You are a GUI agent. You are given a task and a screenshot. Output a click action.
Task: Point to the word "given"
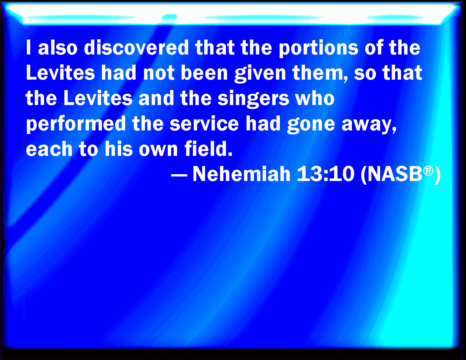pos(260,74)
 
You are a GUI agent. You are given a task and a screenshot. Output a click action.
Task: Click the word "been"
pos(204,73)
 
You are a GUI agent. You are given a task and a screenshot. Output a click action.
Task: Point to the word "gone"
pos(311,125)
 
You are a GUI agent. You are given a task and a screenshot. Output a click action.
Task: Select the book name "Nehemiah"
pos(241,174)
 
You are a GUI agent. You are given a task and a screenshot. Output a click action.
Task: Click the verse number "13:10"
pos(326,174)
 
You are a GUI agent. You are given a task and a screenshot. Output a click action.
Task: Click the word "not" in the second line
pos(159,73)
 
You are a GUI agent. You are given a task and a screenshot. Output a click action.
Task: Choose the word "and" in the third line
pos(156,98)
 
